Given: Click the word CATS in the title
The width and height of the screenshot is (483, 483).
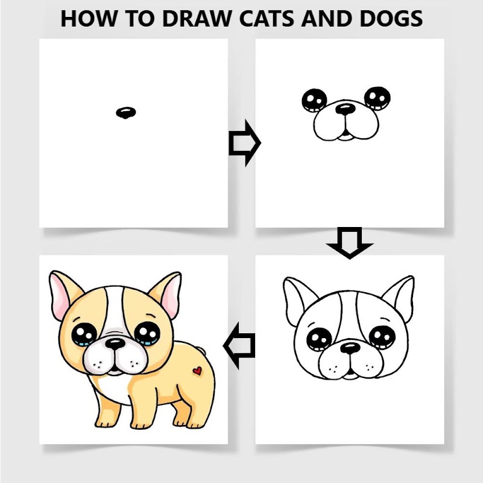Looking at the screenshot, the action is click(267, 19).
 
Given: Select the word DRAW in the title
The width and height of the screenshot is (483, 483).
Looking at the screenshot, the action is click(197, 19).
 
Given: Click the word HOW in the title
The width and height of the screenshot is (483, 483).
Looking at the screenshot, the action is click(89, 19).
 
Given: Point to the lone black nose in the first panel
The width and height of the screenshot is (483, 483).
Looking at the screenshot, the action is click(126, 112).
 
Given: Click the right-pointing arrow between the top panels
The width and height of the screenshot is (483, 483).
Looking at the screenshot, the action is click(245, 143).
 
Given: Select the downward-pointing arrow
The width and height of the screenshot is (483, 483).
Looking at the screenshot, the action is click(350, 243).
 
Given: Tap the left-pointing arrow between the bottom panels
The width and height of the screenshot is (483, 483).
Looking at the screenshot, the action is click(239, 345).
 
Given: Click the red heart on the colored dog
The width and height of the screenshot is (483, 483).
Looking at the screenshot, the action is click(197, 371).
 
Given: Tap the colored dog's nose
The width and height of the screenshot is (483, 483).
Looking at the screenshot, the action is click(115, 344).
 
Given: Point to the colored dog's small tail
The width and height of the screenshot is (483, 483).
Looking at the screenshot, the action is click(201, 350).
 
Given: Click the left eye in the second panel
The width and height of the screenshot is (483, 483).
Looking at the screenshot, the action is click(314, 100).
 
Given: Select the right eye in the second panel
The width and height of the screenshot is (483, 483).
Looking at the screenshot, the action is click(377, 98).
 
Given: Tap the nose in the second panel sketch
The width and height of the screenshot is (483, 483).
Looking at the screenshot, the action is click(346, 109).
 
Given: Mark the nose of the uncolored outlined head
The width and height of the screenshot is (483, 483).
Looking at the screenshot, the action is click(350, 348).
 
